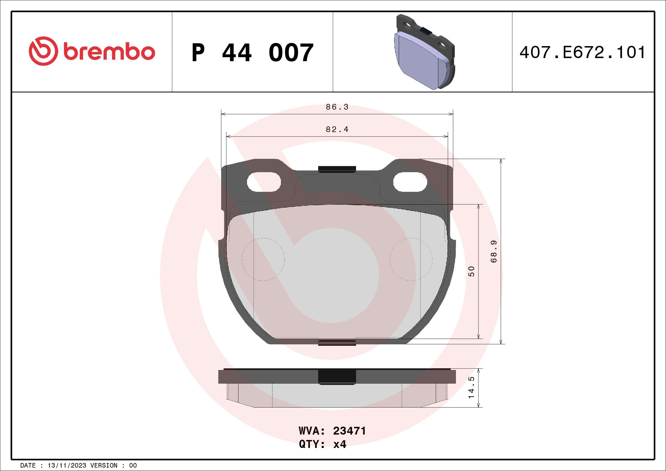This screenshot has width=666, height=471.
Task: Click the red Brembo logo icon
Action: click(42, 51)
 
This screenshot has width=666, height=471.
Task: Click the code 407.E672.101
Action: click(582, 52)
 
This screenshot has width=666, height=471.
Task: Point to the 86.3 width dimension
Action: click(337, 107)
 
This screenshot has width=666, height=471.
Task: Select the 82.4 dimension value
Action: click(337, 129)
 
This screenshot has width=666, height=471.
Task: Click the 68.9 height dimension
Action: click(494, 252)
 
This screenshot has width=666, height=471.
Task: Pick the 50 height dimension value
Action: click(471, 271)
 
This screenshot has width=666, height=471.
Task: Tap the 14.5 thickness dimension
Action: click(471, 388)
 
